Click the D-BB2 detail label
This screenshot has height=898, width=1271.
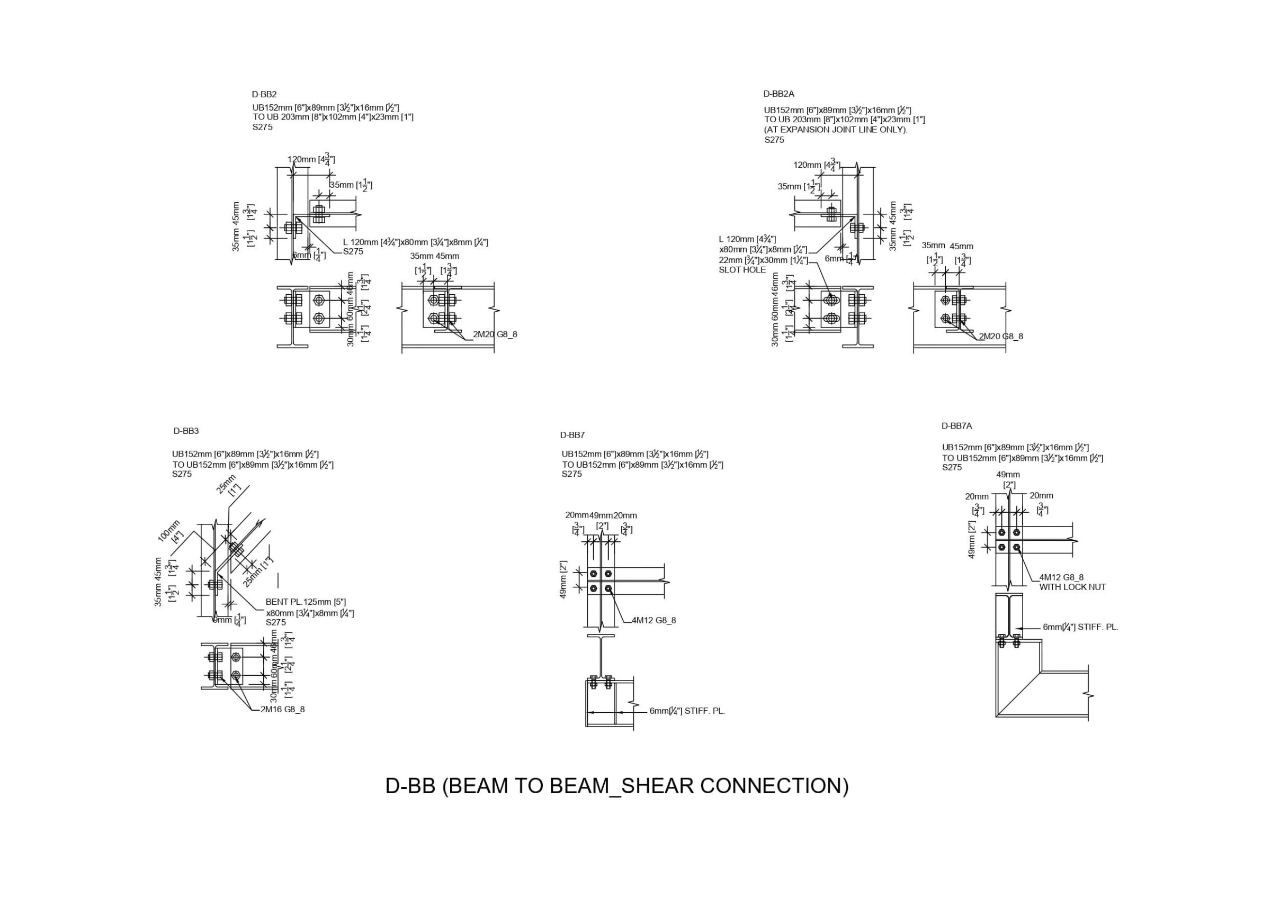coord(264,95)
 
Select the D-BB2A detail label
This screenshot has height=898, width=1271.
coord(778,94)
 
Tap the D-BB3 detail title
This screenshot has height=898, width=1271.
coord(186,431)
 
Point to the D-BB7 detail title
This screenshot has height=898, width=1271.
coord(572,435)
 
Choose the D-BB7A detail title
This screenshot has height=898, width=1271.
coord(956,426)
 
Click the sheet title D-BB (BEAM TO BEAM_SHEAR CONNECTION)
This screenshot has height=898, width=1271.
coord(616,786)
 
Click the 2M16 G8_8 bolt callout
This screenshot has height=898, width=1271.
coord(282,709)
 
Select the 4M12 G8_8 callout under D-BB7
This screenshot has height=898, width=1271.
coord(654,620)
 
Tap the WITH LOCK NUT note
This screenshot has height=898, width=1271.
coord(1072,587)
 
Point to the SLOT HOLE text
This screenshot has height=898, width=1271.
coord(742,270)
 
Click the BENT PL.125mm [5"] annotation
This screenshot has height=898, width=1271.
coord(306,602)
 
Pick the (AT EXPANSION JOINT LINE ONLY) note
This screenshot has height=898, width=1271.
coord(836,130)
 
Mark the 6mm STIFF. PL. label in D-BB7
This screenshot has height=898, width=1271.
coord(687,711)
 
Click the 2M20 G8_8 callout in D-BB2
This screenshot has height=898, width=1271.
coord(495,334)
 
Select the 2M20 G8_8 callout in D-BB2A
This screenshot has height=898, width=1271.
coord(1001,336)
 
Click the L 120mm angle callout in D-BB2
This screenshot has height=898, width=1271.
coord(415,242)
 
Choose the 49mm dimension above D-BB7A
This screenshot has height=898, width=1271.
coord(1008,475)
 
